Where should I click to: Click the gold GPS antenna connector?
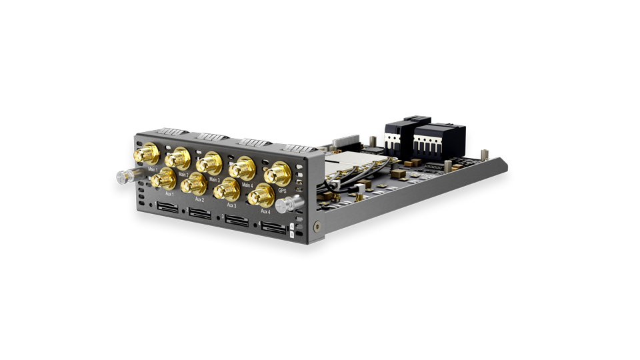point(276,175)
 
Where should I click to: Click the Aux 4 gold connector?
point(261,195)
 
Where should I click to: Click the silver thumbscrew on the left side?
point(124,177)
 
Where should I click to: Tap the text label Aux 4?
point(265,211)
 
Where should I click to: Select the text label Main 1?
point(153,170)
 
